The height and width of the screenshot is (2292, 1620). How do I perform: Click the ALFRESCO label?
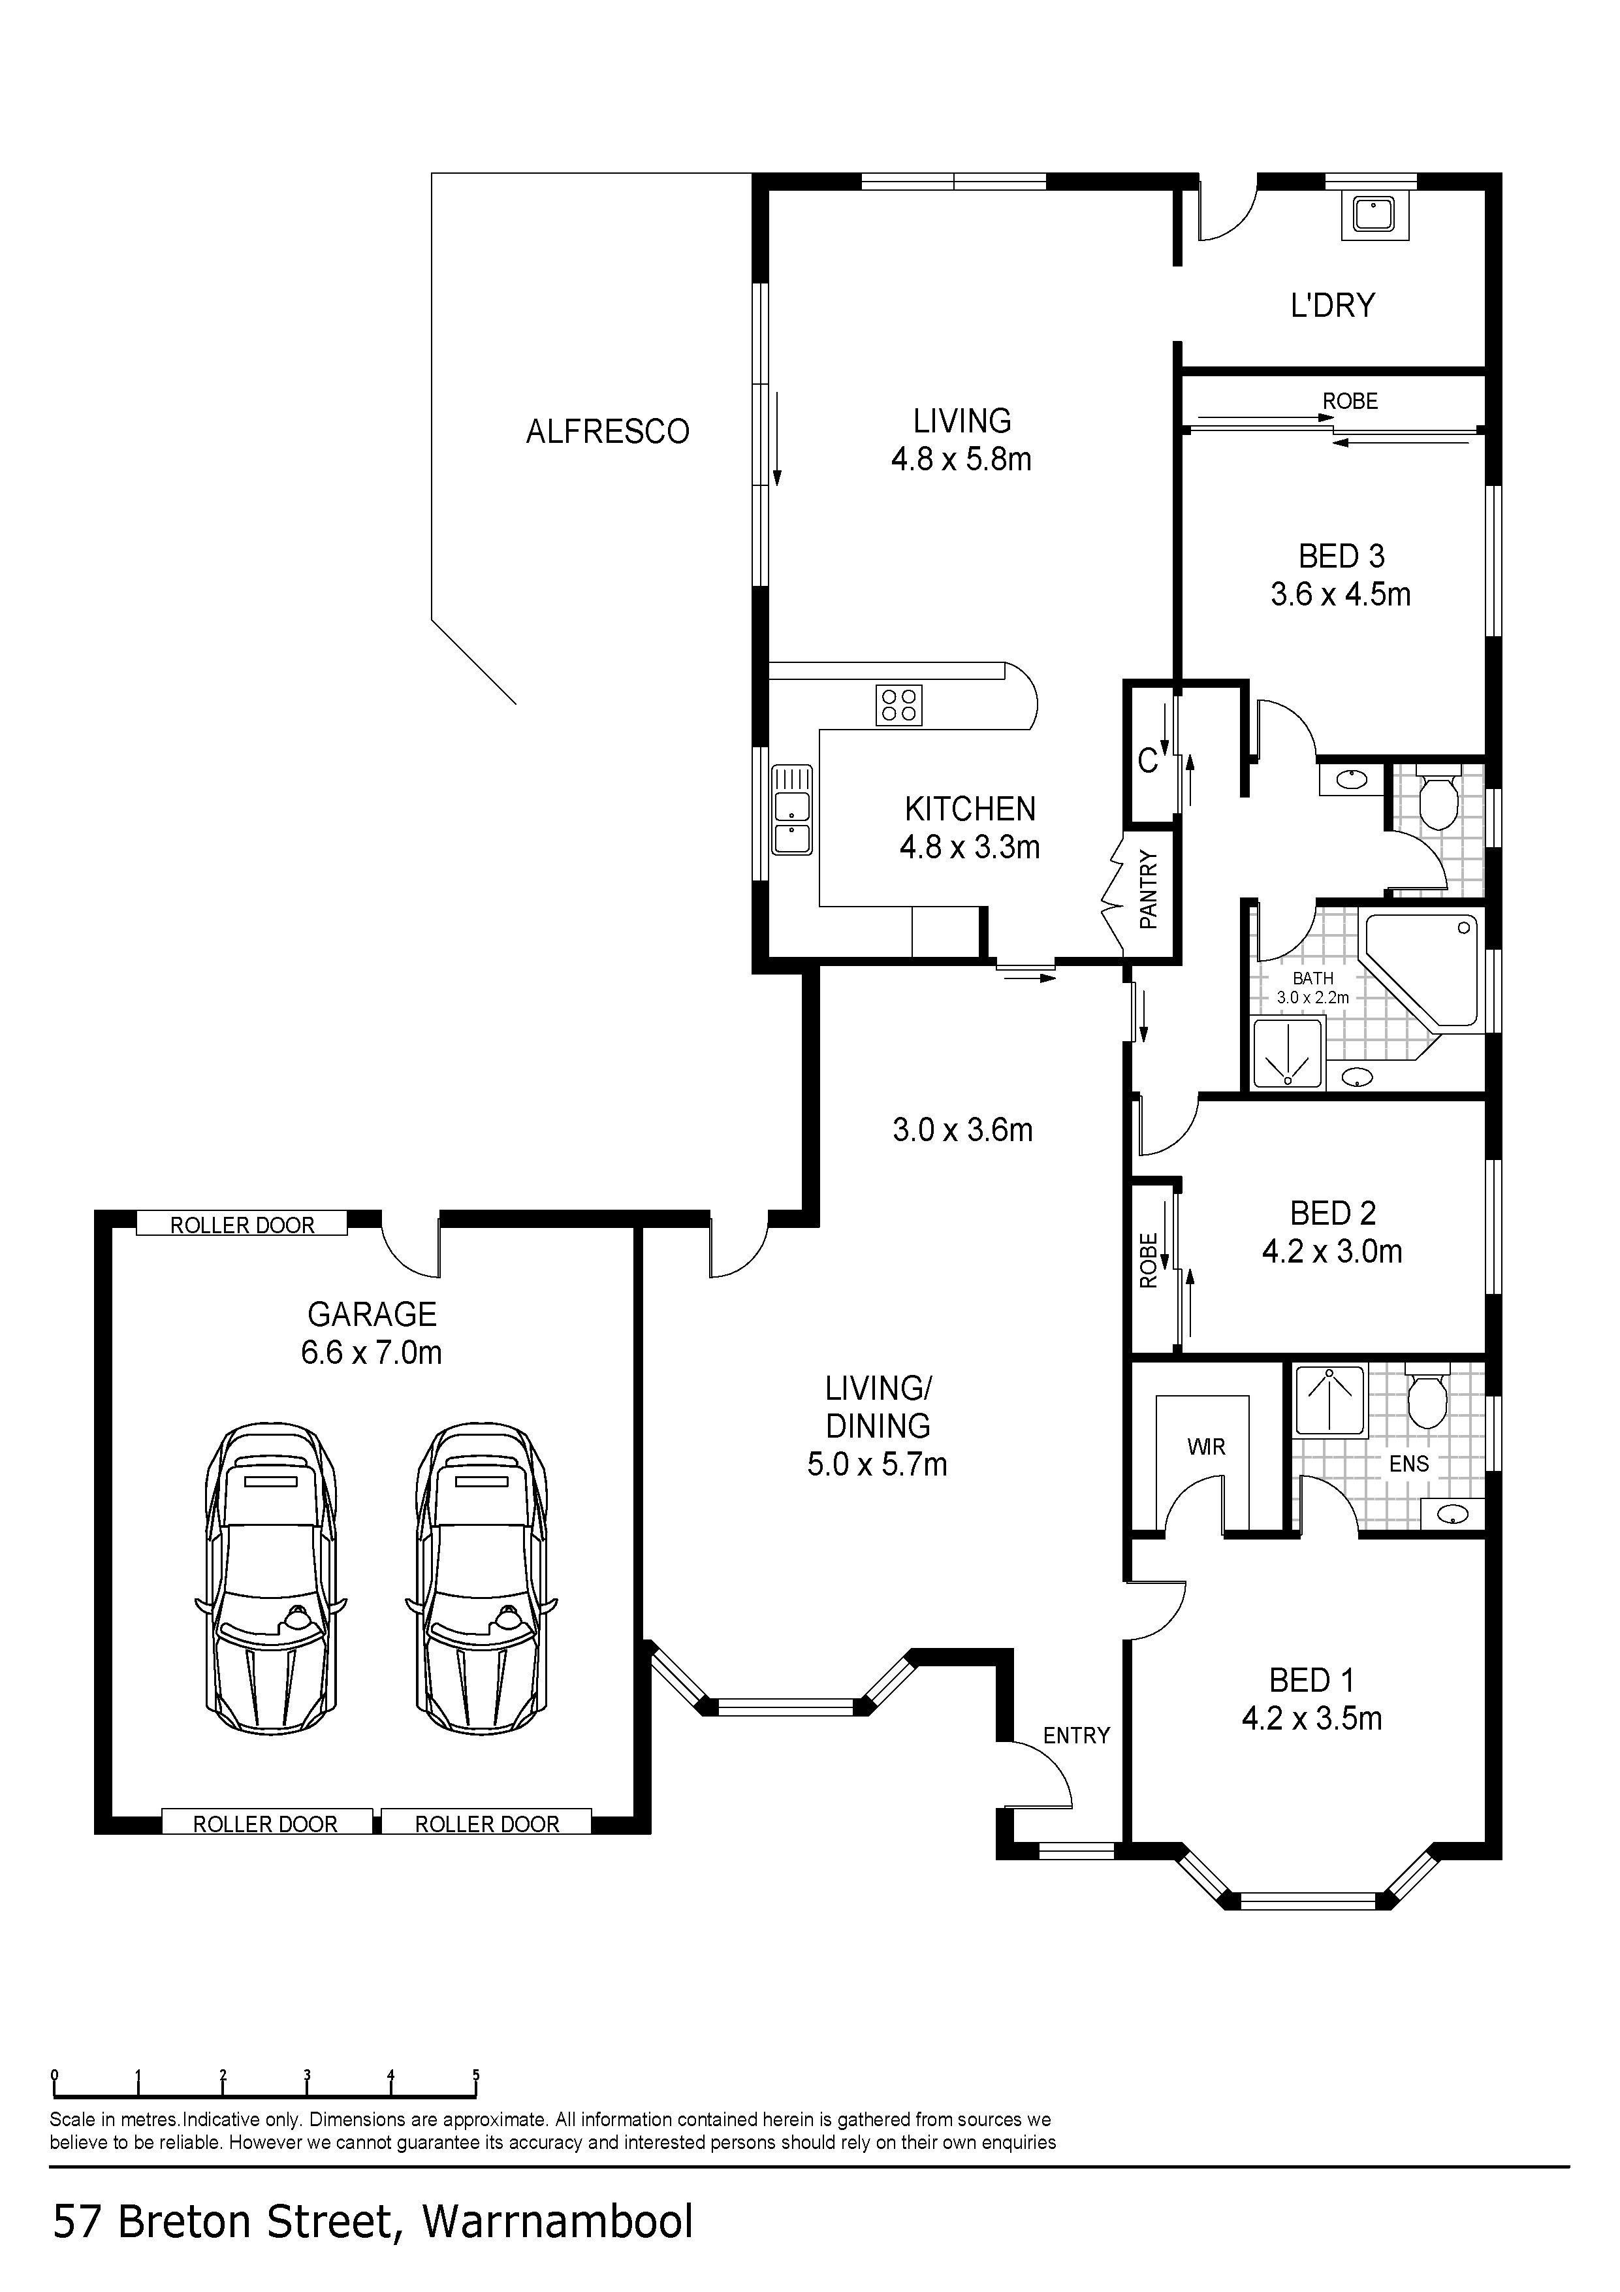(608, 431)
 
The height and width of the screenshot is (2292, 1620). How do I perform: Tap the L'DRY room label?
(1333, 304)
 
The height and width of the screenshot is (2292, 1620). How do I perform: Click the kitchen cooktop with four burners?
(898, 705)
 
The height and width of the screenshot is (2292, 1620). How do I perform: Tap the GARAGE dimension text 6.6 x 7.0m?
(372, 1353)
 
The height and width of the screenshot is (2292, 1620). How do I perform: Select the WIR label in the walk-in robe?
(1206, 1447)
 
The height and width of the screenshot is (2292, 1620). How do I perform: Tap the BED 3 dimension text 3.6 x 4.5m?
(1341, 595)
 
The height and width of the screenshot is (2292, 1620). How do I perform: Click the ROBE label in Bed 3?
(1350, 401)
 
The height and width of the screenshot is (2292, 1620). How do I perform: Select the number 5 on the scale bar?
(476, 2075)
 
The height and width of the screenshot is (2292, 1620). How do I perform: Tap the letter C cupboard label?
(1148, 762)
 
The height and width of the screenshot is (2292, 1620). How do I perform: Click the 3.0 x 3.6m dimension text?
(962, 1130)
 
